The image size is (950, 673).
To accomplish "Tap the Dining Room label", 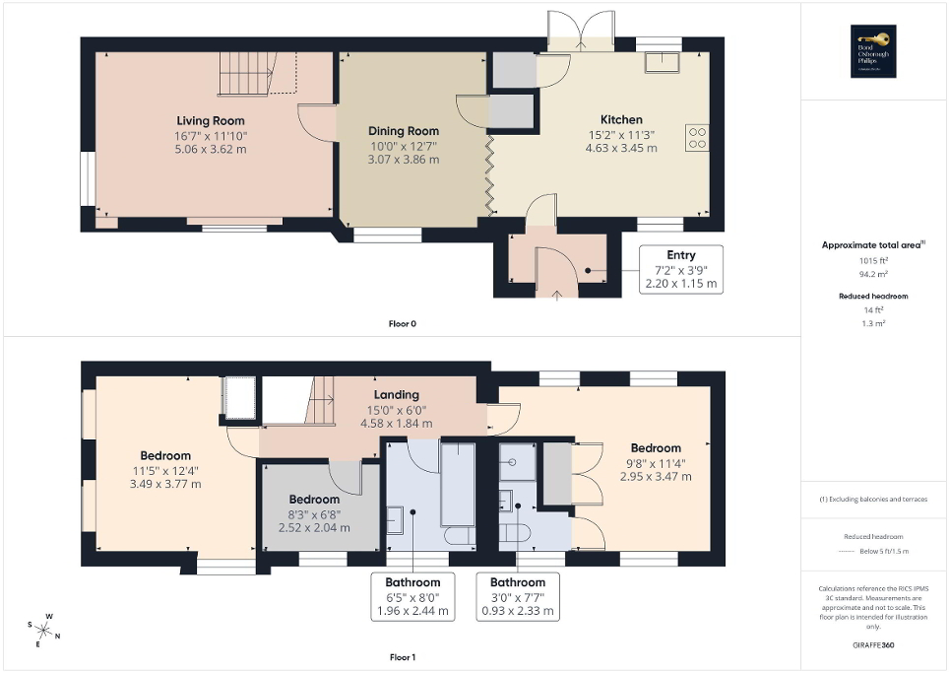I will (x=404, y=131).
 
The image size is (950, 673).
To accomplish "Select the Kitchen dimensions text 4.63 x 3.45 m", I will (x=621, y=148).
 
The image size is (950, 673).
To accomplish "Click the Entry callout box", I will (x=680, y=268).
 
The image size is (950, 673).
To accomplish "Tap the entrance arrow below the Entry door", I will (x=557, y=293).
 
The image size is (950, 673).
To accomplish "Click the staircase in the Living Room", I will (x=247, y=72).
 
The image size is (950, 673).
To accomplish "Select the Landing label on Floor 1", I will (x=397, y=395).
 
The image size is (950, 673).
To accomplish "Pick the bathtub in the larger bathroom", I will (x=458, y=484).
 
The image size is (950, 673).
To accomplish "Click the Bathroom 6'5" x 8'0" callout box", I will (x=412, y=596).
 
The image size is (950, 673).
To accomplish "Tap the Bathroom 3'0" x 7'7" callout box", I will (x=518, y=596).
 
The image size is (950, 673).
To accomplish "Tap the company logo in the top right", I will (x=874, y=50).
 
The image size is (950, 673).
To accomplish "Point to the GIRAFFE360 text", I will (x=874, y=645).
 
